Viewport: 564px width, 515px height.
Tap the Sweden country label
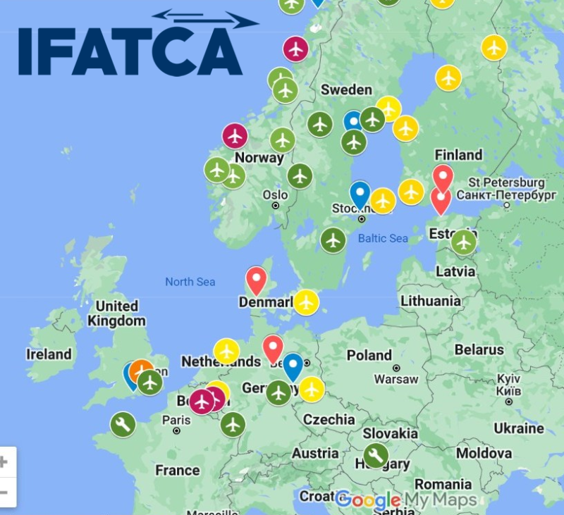(345, 89)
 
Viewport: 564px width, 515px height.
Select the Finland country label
(458, 155)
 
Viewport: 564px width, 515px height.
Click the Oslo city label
(274, 194)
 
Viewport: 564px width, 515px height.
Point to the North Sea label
(190, 282)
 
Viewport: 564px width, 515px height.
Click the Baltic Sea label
(382, 238)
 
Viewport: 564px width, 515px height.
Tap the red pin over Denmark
(256, 280)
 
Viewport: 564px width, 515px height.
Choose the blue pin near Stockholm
(360, 194)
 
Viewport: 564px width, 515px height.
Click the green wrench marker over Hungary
(375, 455)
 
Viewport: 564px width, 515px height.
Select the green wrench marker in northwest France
(123, 424)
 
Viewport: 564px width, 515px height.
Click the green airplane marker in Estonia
(463, 242)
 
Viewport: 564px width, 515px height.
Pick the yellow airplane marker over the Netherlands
(226, 350)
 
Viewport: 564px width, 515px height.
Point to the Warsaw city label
(396, 379)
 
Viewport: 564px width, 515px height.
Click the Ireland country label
(49, 354)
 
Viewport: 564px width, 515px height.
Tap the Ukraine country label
(518, 428)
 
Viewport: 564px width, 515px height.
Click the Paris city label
(176, 420)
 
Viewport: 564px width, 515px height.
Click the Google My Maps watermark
(405, 500)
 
